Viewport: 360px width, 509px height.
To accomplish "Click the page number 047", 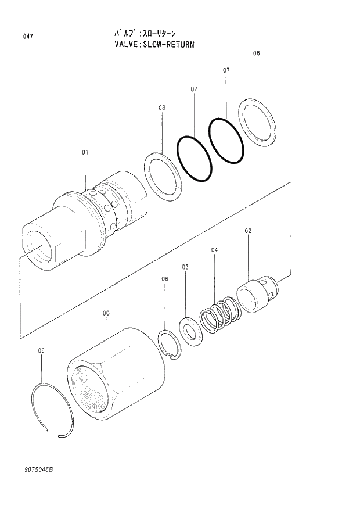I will coord(28,37).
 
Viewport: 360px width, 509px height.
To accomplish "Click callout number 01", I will coord(85,153).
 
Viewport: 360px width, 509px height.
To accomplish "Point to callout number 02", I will coord(248,231).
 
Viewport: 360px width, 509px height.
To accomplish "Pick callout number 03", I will coord(185,267).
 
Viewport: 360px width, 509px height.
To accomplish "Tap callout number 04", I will coord(214,250).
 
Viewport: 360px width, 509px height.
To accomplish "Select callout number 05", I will coord(41,350).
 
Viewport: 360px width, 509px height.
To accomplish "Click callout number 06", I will coord(165,279).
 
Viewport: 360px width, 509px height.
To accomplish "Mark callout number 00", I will coord(106,313).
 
